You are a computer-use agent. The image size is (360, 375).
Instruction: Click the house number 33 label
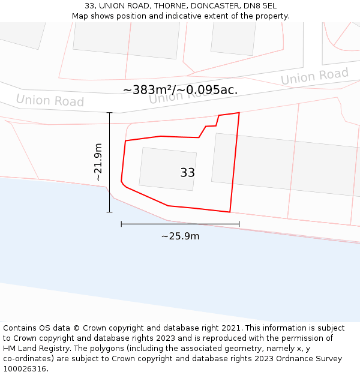coord(187,173)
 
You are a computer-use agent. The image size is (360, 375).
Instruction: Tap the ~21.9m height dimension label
coord(98,162)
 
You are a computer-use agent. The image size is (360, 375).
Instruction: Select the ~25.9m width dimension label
coord(180,236)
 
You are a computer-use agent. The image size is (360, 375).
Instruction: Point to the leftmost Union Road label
coord(50,100)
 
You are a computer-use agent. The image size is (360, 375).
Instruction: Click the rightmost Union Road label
coord(314,76)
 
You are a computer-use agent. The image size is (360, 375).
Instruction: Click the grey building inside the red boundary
coord(167,168)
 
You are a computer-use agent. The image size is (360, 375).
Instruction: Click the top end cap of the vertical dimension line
coord(109,113)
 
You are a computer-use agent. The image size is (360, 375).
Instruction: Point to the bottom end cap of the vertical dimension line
coord(109,212)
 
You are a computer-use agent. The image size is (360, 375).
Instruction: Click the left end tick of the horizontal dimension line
coord(121,224)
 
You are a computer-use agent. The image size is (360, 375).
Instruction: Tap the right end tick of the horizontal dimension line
coord(239,224)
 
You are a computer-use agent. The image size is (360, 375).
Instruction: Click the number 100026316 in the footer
coord(25,368)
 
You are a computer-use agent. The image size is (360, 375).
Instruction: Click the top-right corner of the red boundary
coord(239,112)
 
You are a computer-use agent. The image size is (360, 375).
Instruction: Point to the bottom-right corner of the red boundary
coord(230,212)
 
